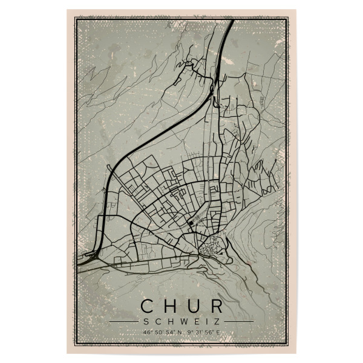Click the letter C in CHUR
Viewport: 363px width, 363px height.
click(148, 306)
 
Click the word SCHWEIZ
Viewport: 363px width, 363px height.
click(181, 321)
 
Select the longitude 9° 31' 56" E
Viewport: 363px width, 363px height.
click(201, 332)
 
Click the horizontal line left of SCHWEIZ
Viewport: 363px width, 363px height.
click(125, 321)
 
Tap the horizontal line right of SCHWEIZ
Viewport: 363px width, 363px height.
click(238, 321)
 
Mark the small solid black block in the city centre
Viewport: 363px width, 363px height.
click(191, 223)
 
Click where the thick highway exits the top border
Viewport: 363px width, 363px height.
click(231, 21)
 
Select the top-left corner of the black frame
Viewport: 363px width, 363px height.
click(76, 18)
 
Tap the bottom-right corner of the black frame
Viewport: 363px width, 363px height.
click(287, 345)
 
